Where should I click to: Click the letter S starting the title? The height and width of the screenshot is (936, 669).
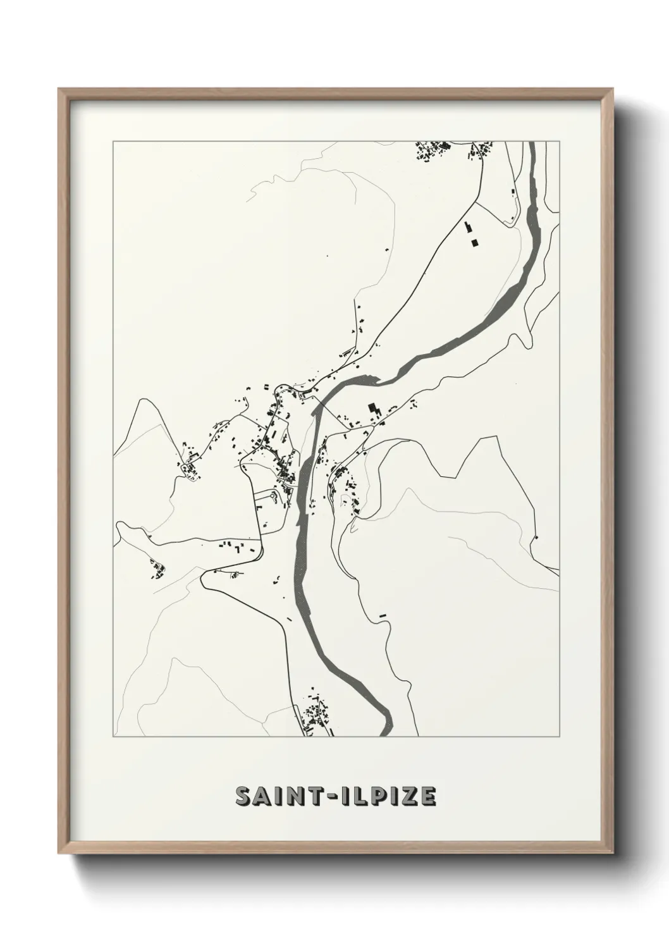(244, 797)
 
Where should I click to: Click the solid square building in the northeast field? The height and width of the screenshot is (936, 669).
(474, 242)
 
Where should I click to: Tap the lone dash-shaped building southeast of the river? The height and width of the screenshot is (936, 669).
(381, 615)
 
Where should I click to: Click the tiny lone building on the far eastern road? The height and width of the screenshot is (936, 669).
(536, 537)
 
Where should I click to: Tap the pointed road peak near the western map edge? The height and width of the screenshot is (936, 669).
(145, 400)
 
